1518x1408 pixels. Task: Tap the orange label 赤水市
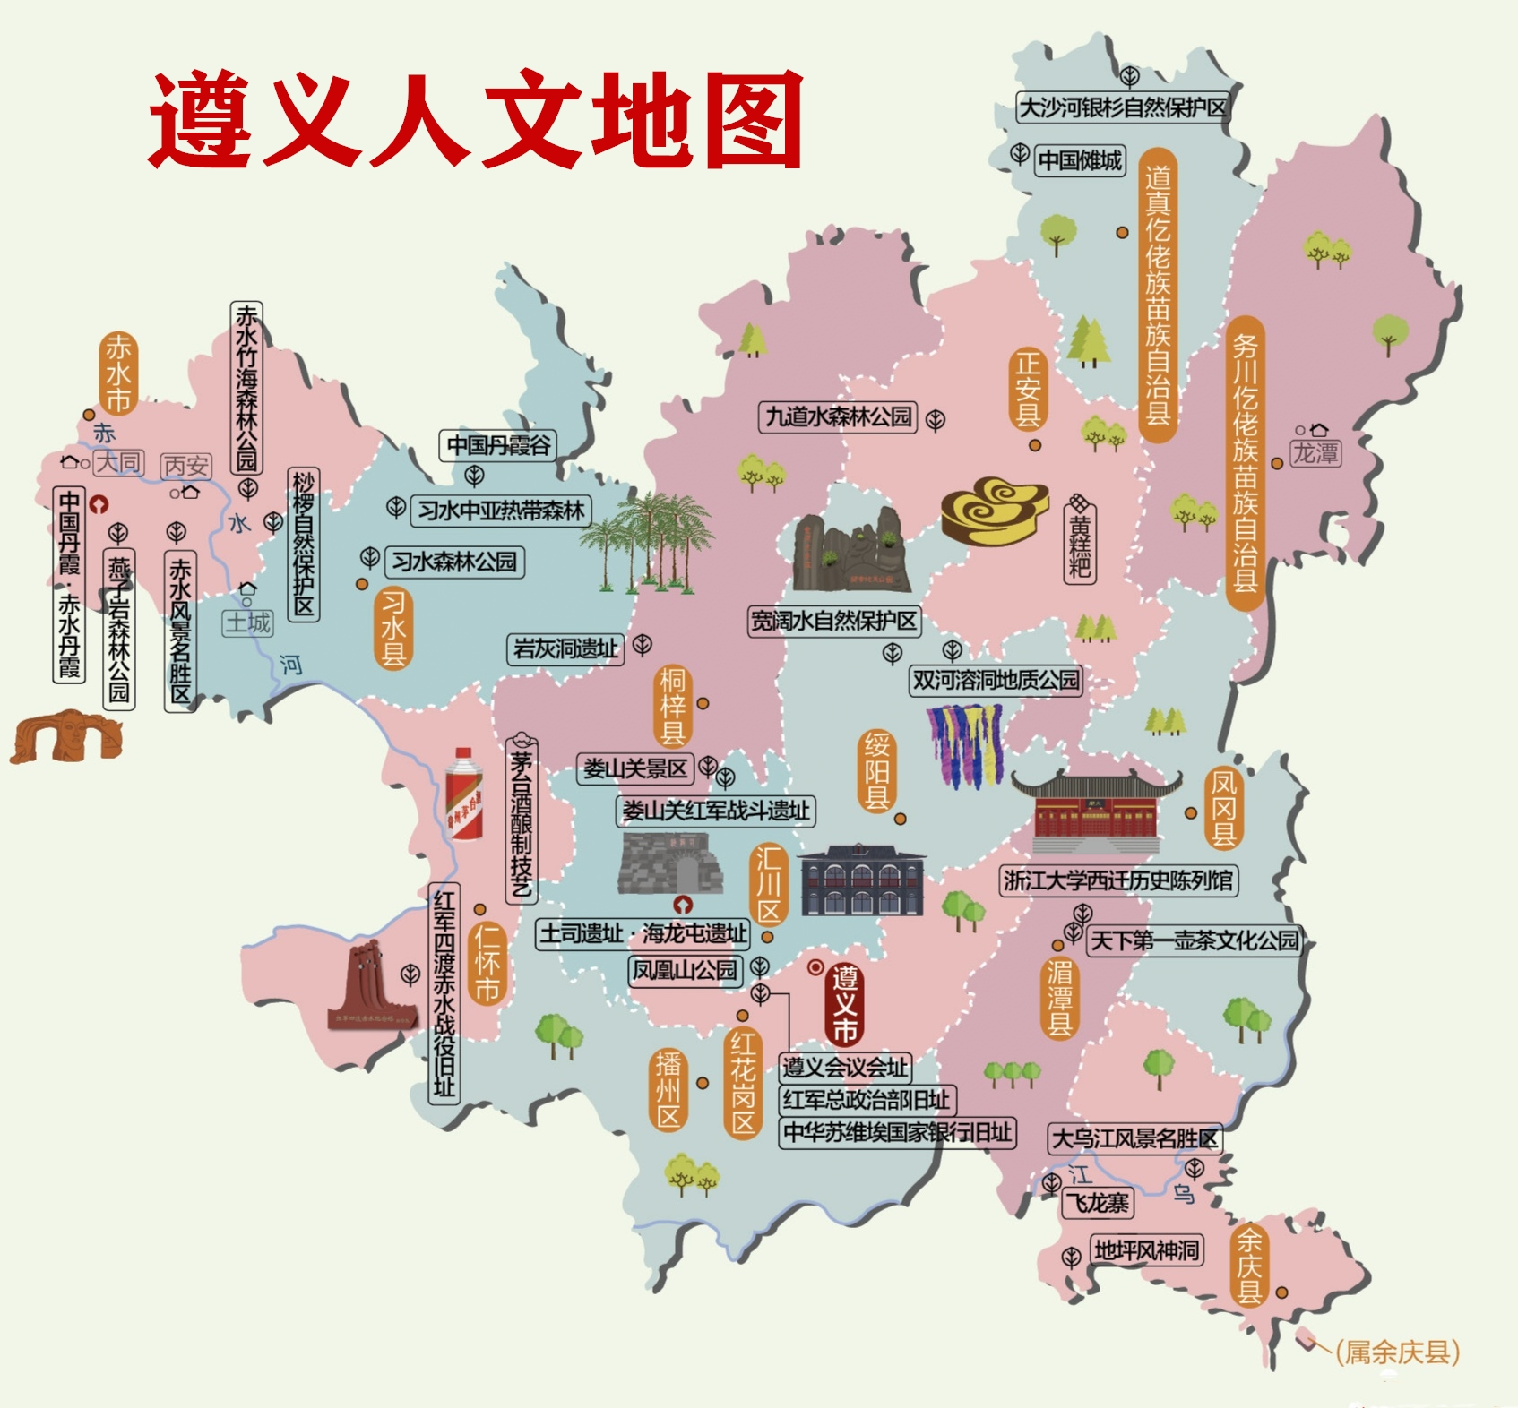118,373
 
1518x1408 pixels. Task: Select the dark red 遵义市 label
844,1004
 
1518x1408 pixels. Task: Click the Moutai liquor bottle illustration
464,795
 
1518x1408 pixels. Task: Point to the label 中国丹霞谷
498,445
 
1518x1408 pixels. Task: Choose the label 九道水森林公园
838,417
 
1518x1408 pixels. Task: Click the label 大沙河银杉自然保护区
1123,107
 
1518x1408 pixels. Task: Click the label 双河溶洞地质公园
996,681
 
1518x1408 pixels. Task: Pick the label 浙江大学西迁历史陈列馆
1118,880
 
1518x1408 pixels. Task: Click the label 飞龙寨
1099,1203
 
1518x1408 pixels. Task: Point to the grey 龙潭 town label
1315,454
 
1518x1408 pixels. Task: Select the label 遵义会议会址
845,1067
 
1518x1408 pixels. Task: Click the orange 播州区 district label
668,1090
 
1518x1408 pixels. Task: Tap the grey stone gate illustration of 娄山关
670,863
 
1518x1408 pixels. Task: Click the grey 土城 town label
247,622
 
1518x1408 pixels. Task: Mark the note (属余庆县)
1397,1352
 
